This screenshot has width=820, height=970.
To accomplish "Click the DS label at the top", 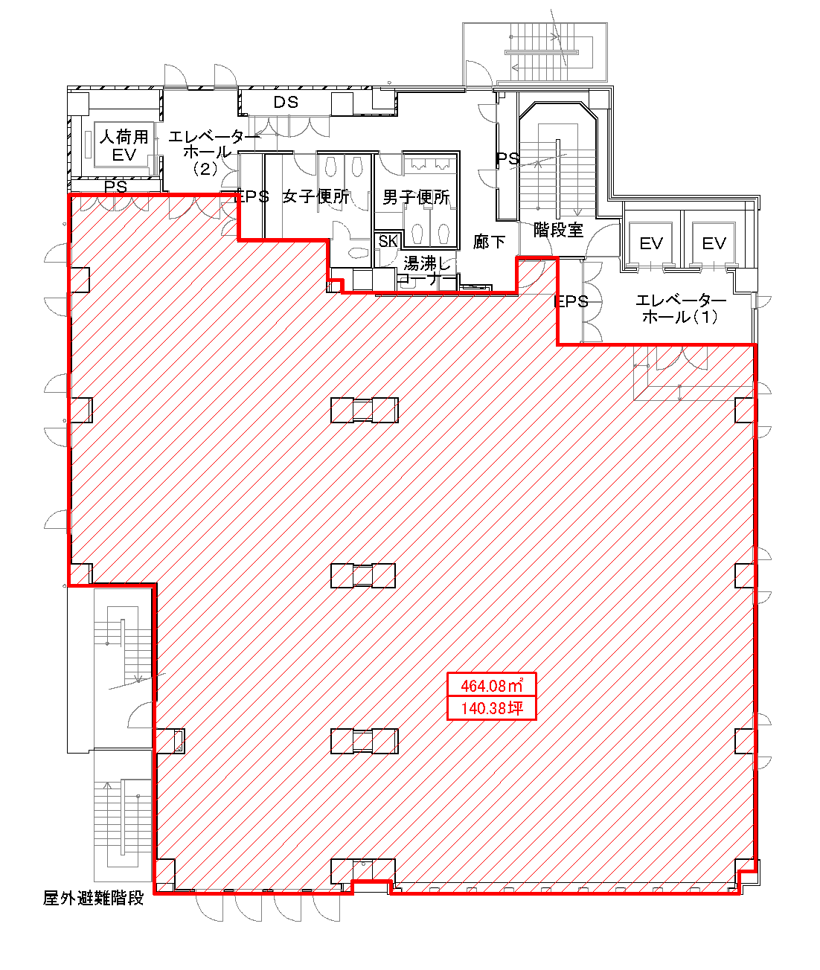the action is point(286,102).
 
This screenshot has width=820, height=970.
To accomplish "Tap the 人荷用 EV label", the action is point(124,145).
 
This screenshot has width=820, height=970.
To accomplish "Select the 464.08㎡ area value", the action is point(492,686).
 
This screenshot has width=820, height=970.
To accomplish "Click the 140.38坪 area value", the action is point(492,708).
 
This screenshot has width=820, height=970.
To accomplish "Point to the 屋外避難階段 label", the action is point(94,898).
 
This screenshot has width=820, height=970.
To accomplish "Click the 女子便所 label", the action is point(316,196).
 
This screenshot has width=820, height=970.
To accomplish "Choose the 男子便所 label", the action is point(416,197).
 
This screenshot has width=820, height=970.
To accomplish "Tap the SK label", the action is point(388,241).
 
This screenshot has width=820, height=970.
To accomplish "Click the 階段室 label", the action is point(558,230).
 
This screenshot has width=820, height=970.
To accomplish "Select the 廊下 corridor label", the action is point(489,242).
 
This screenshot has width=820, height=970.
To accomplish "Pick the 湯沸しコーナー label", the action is point(426,272).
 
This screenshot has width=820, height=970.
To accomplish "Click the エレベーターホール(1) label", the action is point(681,309).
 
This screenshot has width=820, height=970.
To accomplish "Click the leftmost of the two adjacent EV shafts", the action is point(651,243).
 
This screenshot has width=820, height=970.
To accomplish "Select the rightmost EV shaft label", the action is point(714,243).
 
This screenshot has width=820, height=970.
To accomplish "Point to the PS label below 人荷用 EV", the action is point(115,187).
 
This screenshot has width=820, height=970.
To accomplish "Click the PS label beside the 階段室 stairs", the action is point(507,159).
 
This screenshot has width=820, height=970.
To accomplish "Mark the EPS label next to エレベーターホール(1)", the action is point(571,302).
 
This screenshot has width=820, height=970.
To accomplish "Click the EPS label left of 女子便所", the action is point(252,196).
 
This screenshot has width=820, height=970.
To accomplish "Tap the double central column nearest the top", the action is point(365,410).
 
